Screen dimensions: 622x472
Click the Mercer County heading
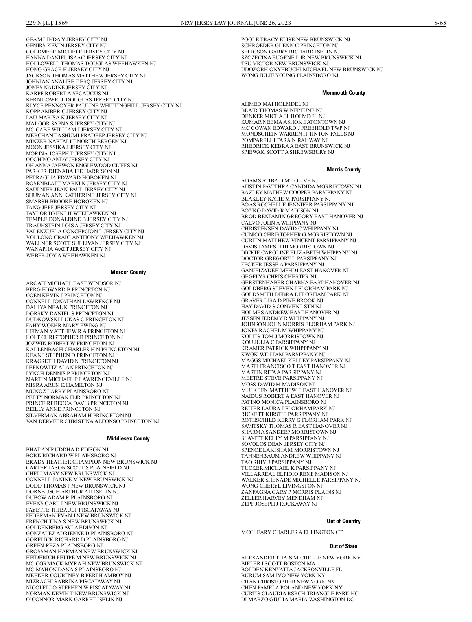point(128,272)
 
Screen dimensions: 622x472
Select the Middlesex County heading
point(128,438)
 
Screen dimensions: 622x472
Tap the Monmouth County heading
point(343,93)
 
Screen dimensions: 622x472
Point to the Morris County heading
point(343,169)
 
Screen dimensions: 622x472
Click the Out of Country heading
point(343,521)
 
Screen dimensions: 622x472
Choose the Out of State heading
point(343,546)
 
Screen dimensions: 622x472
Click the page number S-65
point(440,23)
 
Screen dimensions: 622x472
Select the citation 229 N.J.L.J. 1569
point(47,23)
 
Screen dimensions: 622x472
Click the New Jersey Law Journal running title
point(236,23)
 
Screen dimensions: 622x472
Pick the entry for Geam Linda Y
point(66,40)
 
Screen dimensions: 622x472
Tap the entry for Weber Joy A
point(66,255)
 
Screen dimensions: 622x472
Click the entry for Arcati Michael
point(73,283)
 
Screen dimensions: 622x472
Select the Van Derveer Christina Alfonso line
point(92,421)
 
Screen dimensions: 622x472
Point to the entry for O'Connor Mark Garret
point(74,599)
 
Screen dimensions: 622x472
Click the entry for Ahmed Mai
point(275,104)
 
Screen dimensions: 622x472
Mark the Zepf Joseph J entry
point(279,504)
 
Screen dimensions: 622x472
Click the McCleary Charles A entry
point(291,532)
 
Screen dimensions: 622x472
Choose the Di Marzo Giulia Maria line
point(297,599)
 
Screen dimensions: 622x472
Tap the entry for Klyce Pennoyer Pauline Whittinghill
point(103,105)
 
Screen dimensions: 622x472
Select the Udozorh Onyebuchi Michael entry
point(312,70)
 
